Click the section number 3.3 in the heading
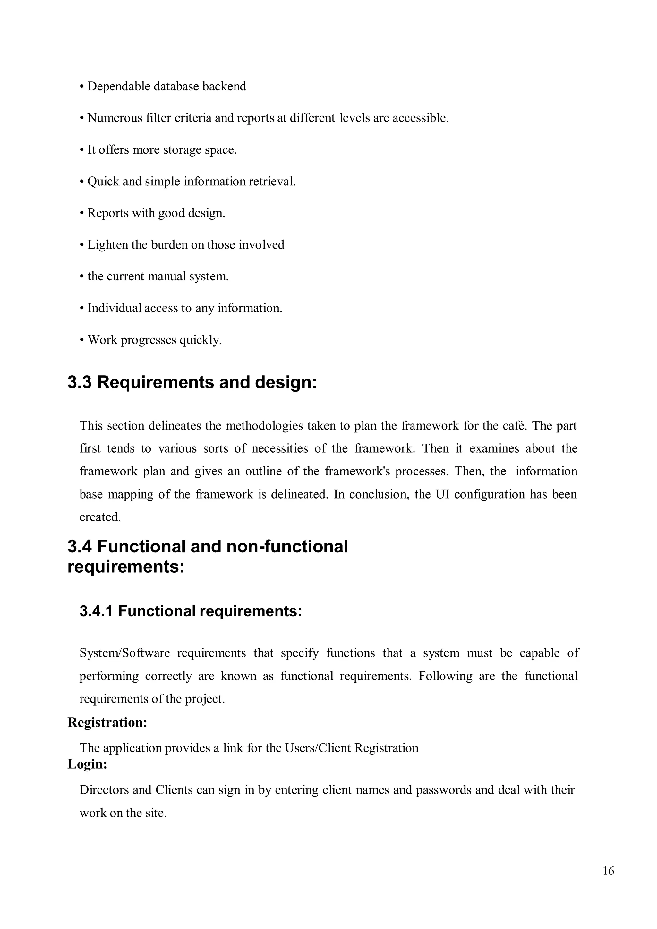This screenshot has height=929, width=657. pyautogui.click(x=80, y=382)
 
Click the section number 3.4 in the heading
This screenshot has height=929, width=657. pyautogui.click(x=80, y=546)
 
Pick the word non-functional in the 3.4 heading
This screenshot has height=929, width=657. pyautogui.click(x=287, y=546)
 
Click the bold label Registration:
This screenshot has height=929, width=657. pyautogui.click(x=107, y=722)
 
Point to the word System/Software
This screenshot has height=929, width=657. pyautogui.click(x=124, y=653)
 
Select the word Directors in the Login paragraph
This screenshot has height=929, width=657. pyautogui.click(x=104, y=790)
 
